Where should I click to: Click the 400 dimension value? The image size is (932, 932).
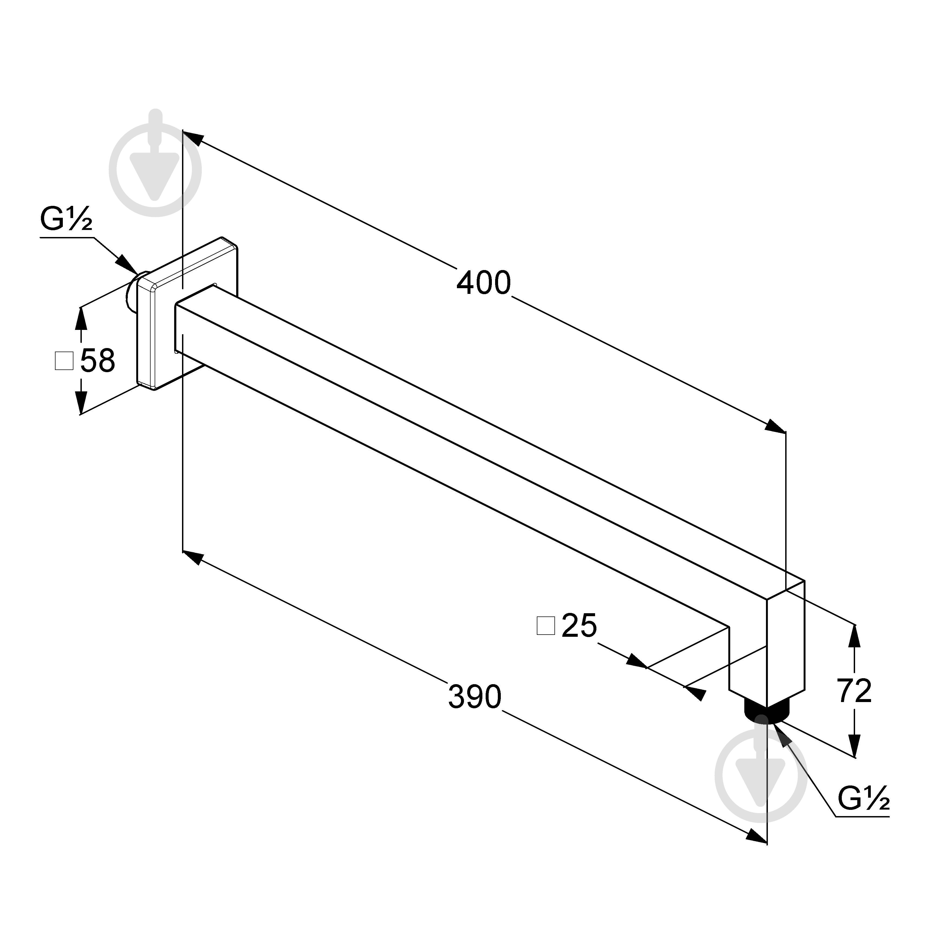point(483,283)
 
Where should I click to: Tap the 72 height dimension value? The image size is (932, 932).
point(854,690)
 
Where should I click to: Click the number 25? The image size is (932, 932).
point(579,626)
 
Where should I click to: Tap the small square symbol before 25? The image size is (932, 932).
point(545,626)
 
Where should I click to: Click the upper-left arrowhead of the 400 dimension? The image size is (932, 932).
point(193,138)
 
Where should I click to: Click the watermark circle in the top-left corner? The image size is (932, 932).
point(155,170)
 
